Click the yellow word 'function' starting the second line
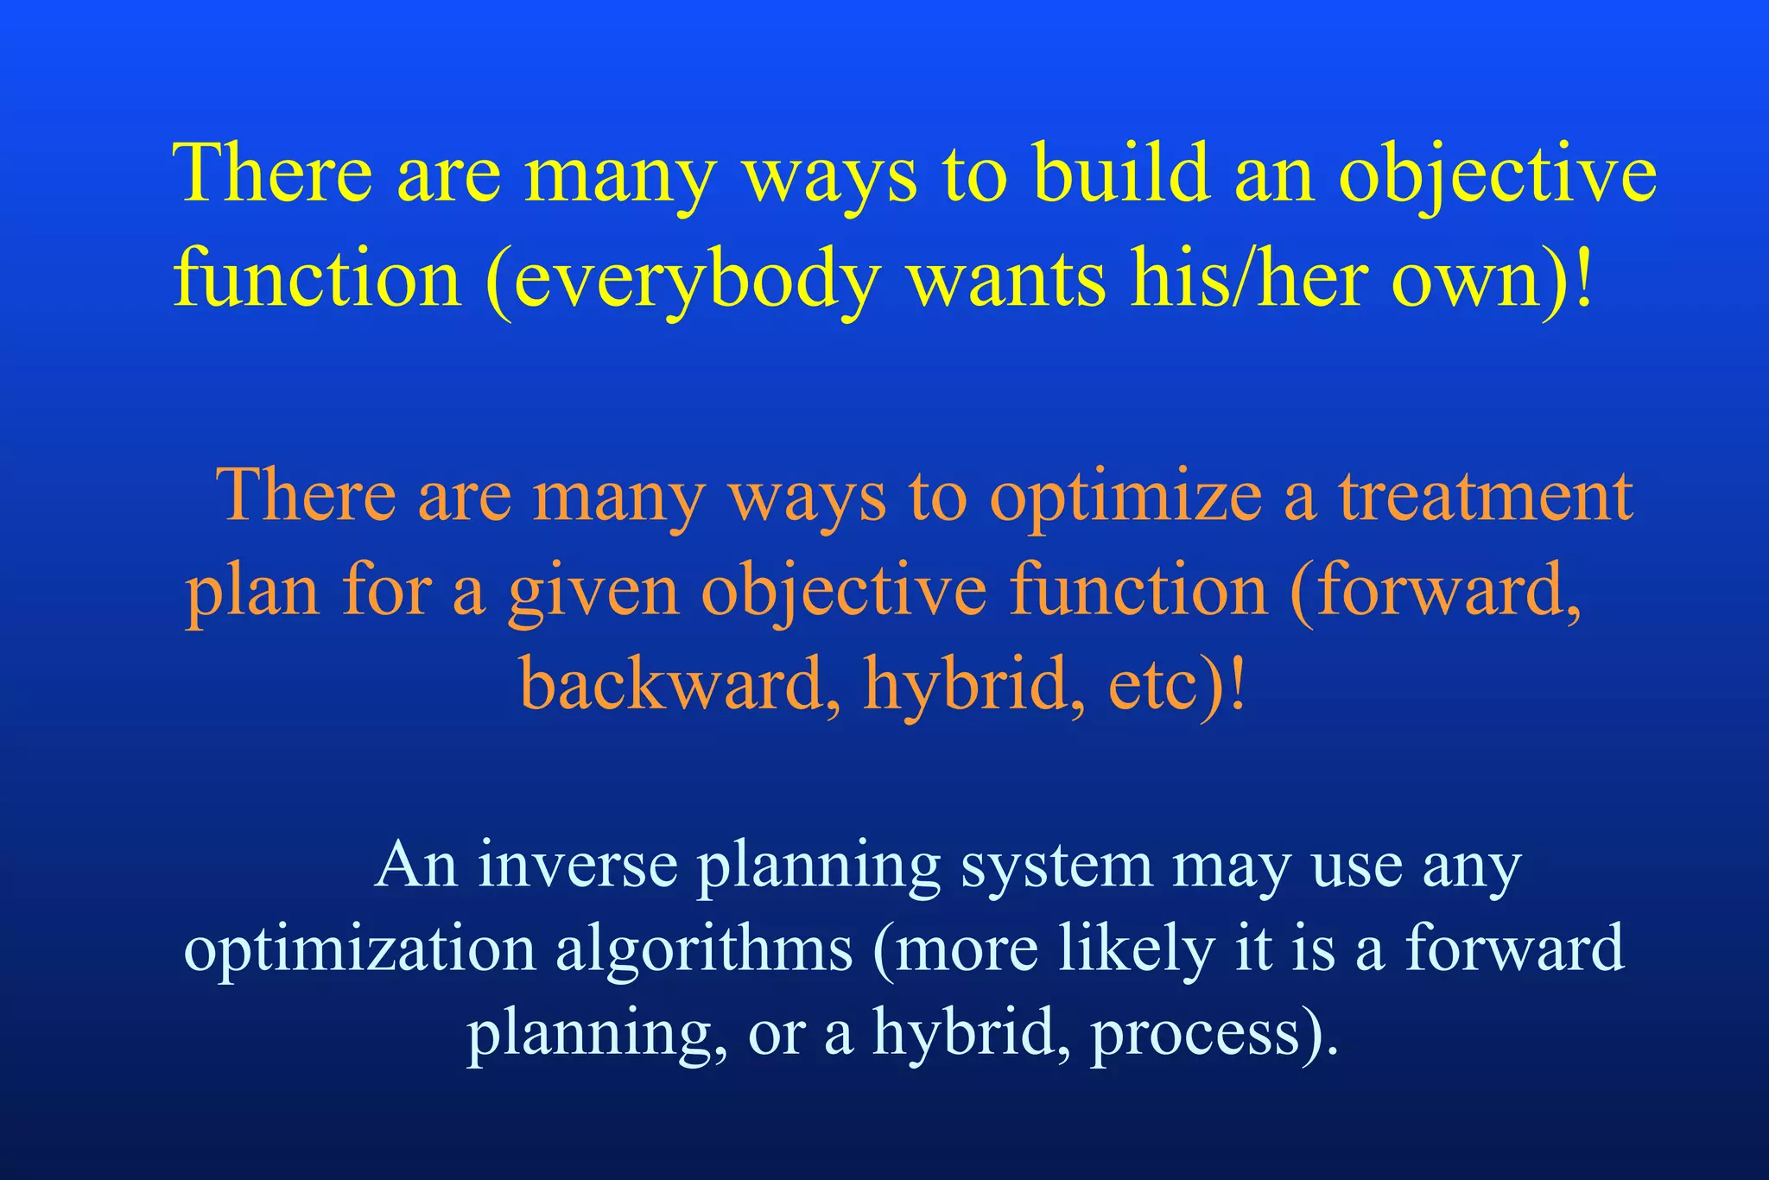pos(317,279)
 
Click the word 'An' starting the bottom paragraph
pos(415,865)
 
